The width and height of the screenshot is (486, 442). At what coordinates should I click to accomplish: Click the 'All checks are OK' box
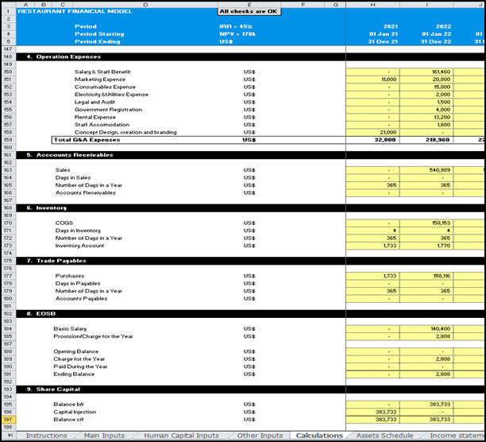pos(249,11)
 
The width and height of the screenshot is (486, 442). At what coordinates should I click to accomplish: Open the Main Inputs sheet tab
pos(104,436)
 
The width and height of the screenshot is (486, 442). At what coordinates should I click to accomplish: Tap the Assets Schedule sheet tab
pos(384,436)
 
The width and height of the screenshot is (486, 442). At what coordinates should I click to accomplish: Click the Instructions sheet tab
pos(46,436)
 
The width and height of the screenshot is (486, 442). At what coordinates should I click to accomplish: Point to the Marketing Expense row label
pos(100,79)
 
